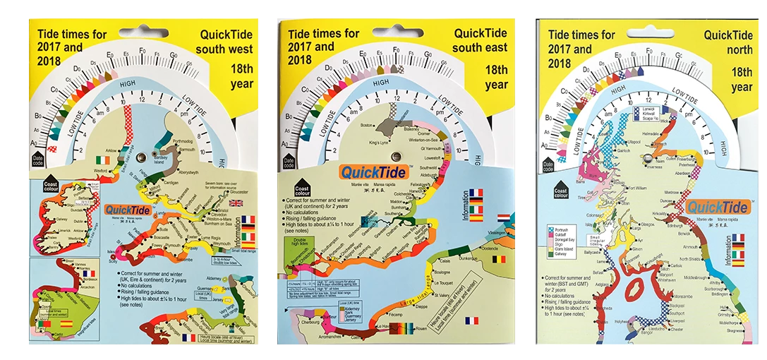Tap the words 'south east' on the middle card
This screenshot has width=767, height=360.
tap(480, 48)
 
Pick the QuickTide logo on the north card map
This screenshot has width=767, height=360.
tap(717, 208)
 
